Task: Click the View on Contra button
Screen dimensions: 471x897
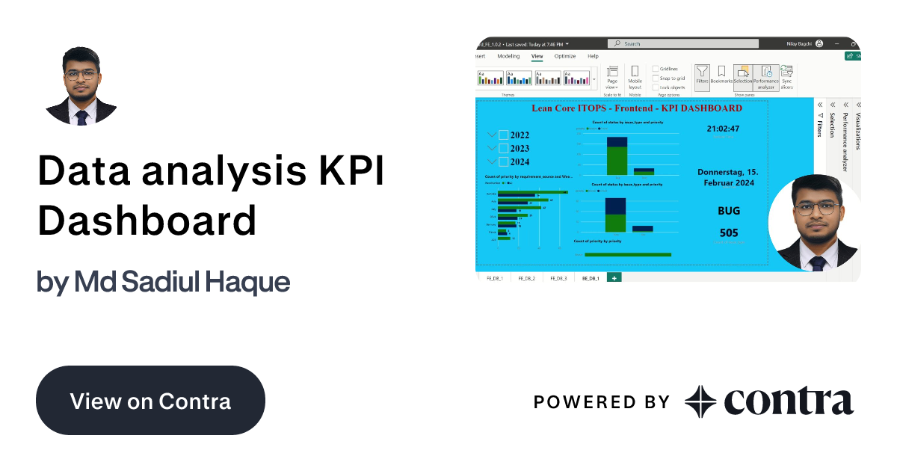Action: [150, 401]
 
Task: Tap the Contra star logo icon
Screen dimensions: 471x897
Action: [700, 401]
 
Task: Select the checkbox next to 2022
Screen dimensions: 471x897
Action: [504, 135]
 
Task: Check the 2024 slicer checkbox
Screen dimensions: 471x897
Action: [504, 161]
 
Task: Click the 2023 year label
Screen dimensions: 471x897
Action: [520, 148]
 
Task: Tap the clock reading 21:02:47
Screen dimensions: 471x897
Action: [723, 129]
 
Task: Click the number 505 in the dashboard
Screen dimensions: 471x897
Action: [728, 233]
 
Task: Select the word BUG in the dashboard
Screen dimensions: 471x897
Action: [728, 211]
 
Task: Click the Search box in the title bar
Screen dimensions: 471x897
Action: [682, 44]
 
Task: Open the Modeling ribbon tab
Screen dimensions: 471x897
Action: [508, 56]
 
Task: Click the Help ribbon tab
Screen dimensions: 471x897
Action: [593, 56]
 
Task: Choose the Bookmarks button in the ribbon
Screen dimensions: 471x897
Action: [721, 75]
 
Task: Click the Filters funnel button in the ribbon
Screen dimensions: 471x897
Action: [702, 75]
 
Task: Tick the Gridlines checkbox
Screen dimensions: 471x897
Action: [656, 69]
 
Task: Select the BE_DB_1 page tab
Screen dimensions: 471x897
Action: [590, 278]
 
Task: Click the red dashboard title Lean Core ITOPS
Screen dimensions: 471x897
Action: [637, 108]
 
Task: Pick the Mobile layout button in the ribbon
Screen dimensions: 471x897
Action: [635, 76]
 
